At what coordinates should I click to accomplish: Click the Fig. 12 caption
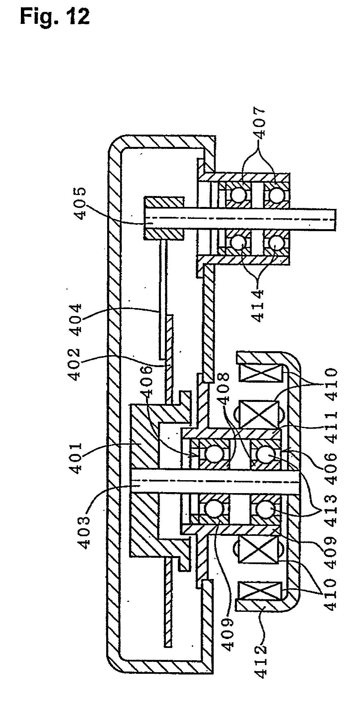click(x=55, y=17)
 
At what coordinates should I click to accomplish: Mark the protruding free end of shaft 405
click(x=327, y=219)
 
